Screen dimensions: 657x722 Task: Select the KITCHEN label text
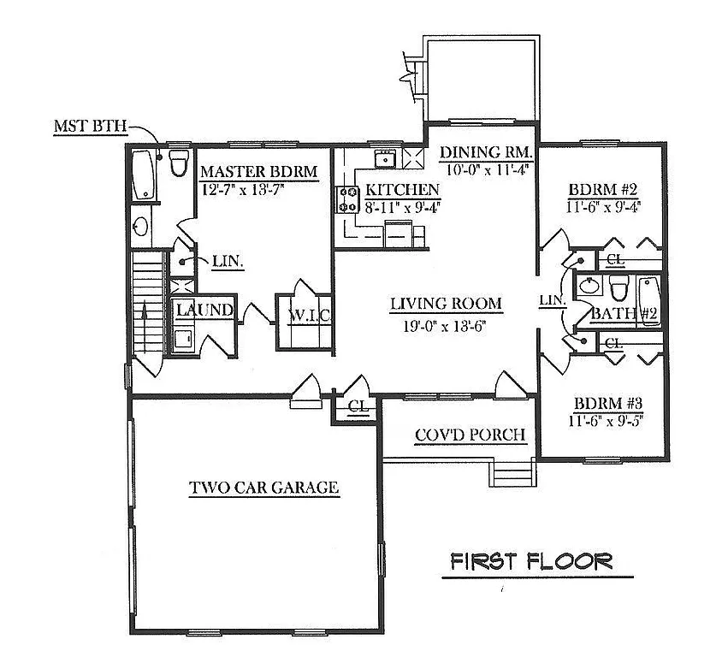click(x=402, y=189)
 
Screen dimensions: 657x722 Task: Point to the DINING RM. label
click(x=486, y=152)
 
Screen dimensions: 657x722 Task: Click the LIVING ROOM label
click(x=446, y=304)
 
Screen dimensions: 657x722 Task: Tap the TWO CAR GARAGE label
click(x=264, y=488)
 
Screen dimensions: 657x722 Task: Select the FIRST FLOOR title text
click(x=531, y=561)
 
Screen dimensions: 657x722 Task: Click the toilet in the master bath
click(x=179, y=163)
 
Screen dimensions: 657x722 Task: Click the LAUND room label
click(x=205, y=310)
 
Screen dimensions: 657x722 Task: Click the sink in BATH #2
click(x=588, y=285)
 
